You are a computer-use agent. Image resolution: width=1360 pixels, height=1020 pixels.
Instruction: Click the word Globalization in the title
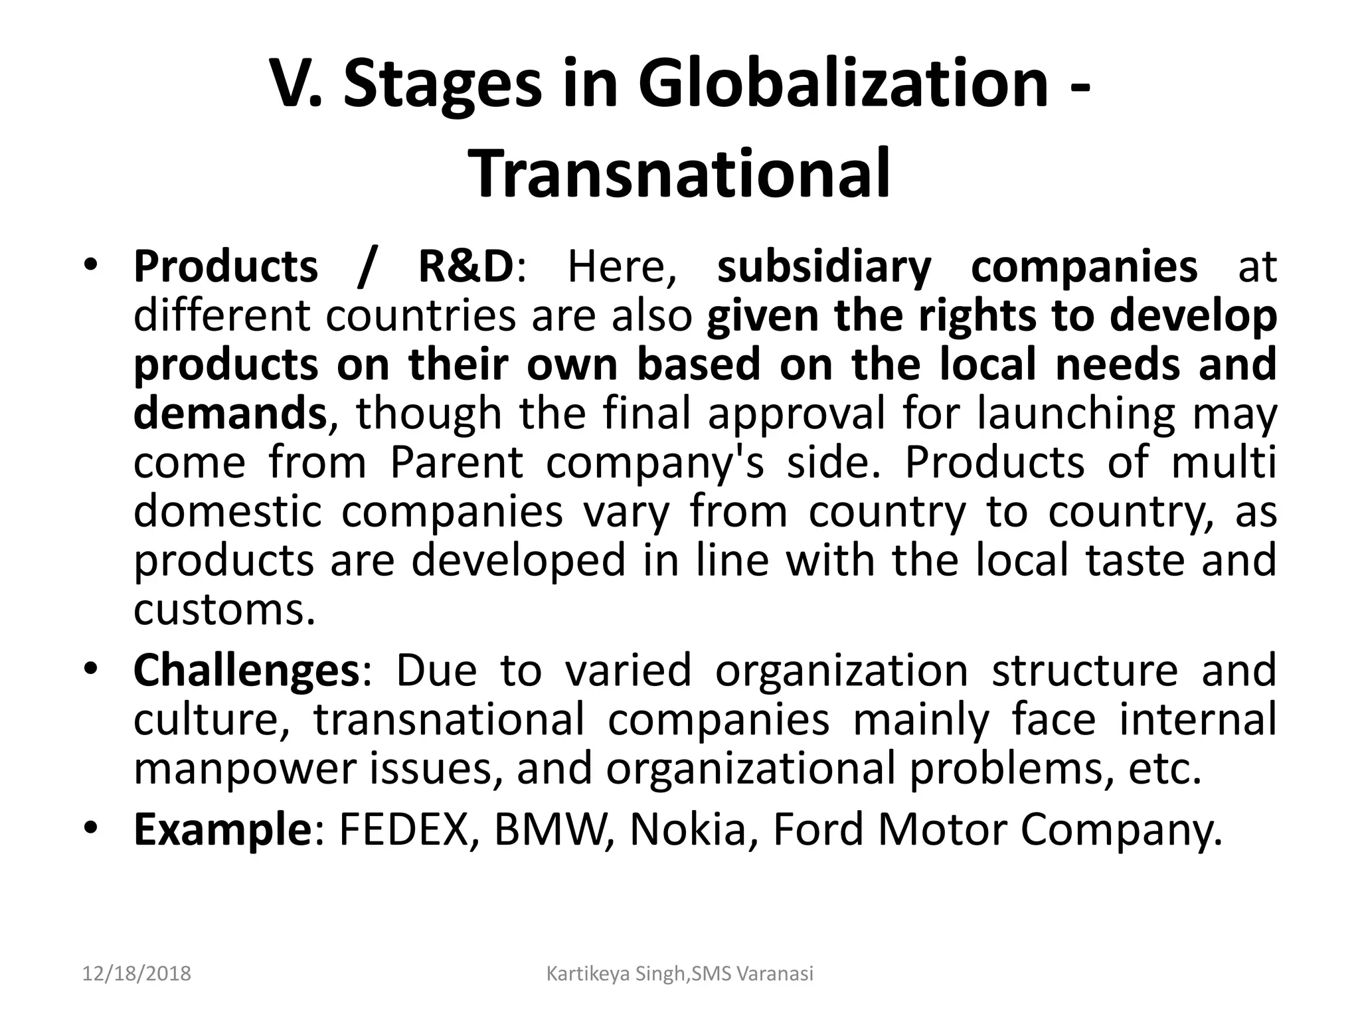843,84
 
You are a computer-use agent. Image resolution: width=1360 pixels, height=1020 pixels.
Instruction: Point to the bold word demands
230,413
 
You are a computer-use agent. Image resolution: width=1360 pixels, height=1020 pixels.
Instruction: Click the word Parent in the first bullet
457,462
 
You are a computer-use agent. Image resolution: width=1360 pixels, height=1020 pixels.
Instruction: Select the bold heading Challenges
246,671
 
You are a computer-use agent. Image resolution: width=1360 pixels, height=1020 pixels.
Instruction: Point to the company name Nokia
688,830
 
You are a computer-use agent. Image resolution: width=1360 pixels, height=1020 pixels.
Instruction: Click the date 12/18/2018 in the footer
137,974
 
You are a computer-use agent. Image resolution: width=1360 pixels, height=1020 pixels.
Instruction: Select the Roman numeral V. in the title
296,84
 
